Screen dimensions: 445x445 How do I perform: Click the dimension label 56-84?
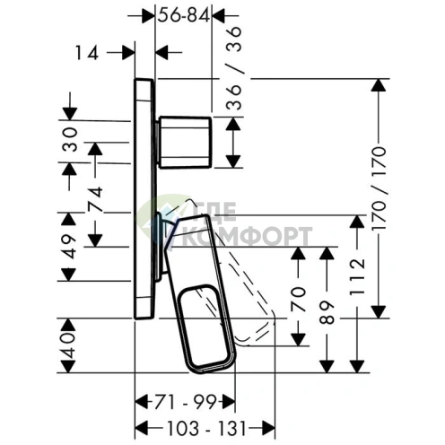click(184, 15)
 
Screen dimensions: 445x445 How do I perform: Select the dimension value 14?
click(87, 53)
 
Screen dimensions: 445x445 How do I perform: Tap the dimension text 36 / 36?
click(233, 68)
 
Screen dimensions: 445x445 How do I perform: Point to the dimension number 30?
click(70, 139)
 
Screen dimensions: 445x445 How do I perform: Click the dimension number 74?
click(95, 199)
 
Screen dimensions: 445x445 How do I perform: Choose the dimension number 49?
click(69, 247)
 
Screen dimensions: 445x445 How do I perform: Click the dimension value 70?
click(299, 300)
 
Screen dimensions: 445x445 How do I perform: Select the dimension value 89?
click(327, 313)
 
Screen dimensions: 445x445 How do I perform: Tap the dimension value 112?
click(358, 276)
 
